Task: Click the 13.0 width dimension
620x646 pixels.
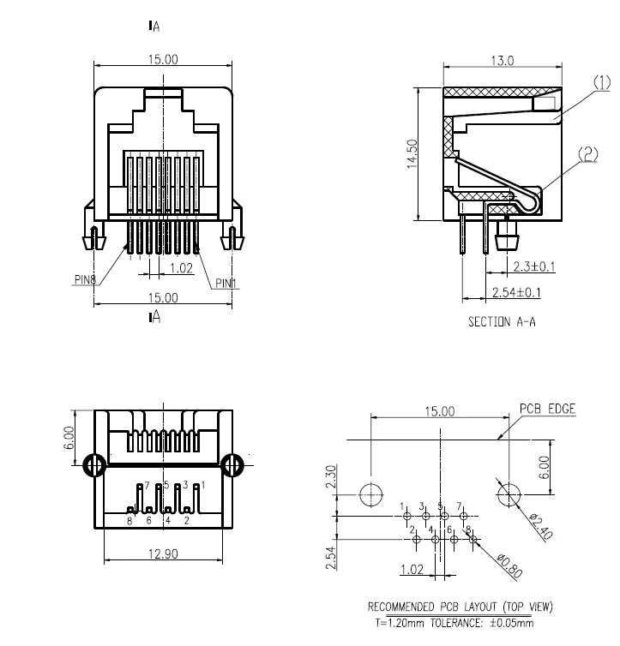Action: click(503, 61)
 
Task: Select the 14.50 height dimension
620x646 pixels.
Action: click(412, 153)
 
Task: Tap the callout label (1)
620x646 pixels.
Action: click(602, 83)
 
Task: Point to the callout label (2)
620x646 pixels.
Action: click(588, 154)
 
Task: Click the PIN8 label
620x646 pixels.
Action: click(85, 279)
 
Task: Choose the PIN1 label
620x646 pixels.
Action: click(226, 284)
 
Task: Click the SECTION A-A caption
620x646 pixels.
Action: click(502, 321)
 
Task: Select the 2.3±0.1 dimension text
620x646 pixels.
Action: click(534, 266)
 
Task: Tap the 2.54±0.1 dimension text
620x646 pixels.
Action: click(516, 292)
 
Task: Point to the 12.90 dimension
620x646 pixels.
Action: click(163, 553)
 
